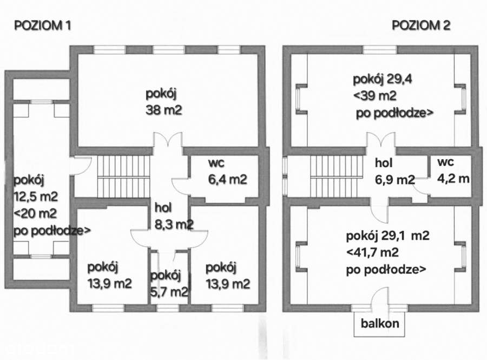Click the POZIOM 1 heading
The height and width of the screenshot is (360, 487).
tap(42, 25)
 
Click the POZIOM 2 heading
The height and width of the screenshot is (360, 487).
tap(422, 25)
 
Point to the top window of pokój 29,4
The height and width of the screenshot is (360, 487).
tap(379, 50)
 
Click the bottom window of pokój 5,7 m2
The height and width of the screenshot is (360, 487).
tap(168, 307)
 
